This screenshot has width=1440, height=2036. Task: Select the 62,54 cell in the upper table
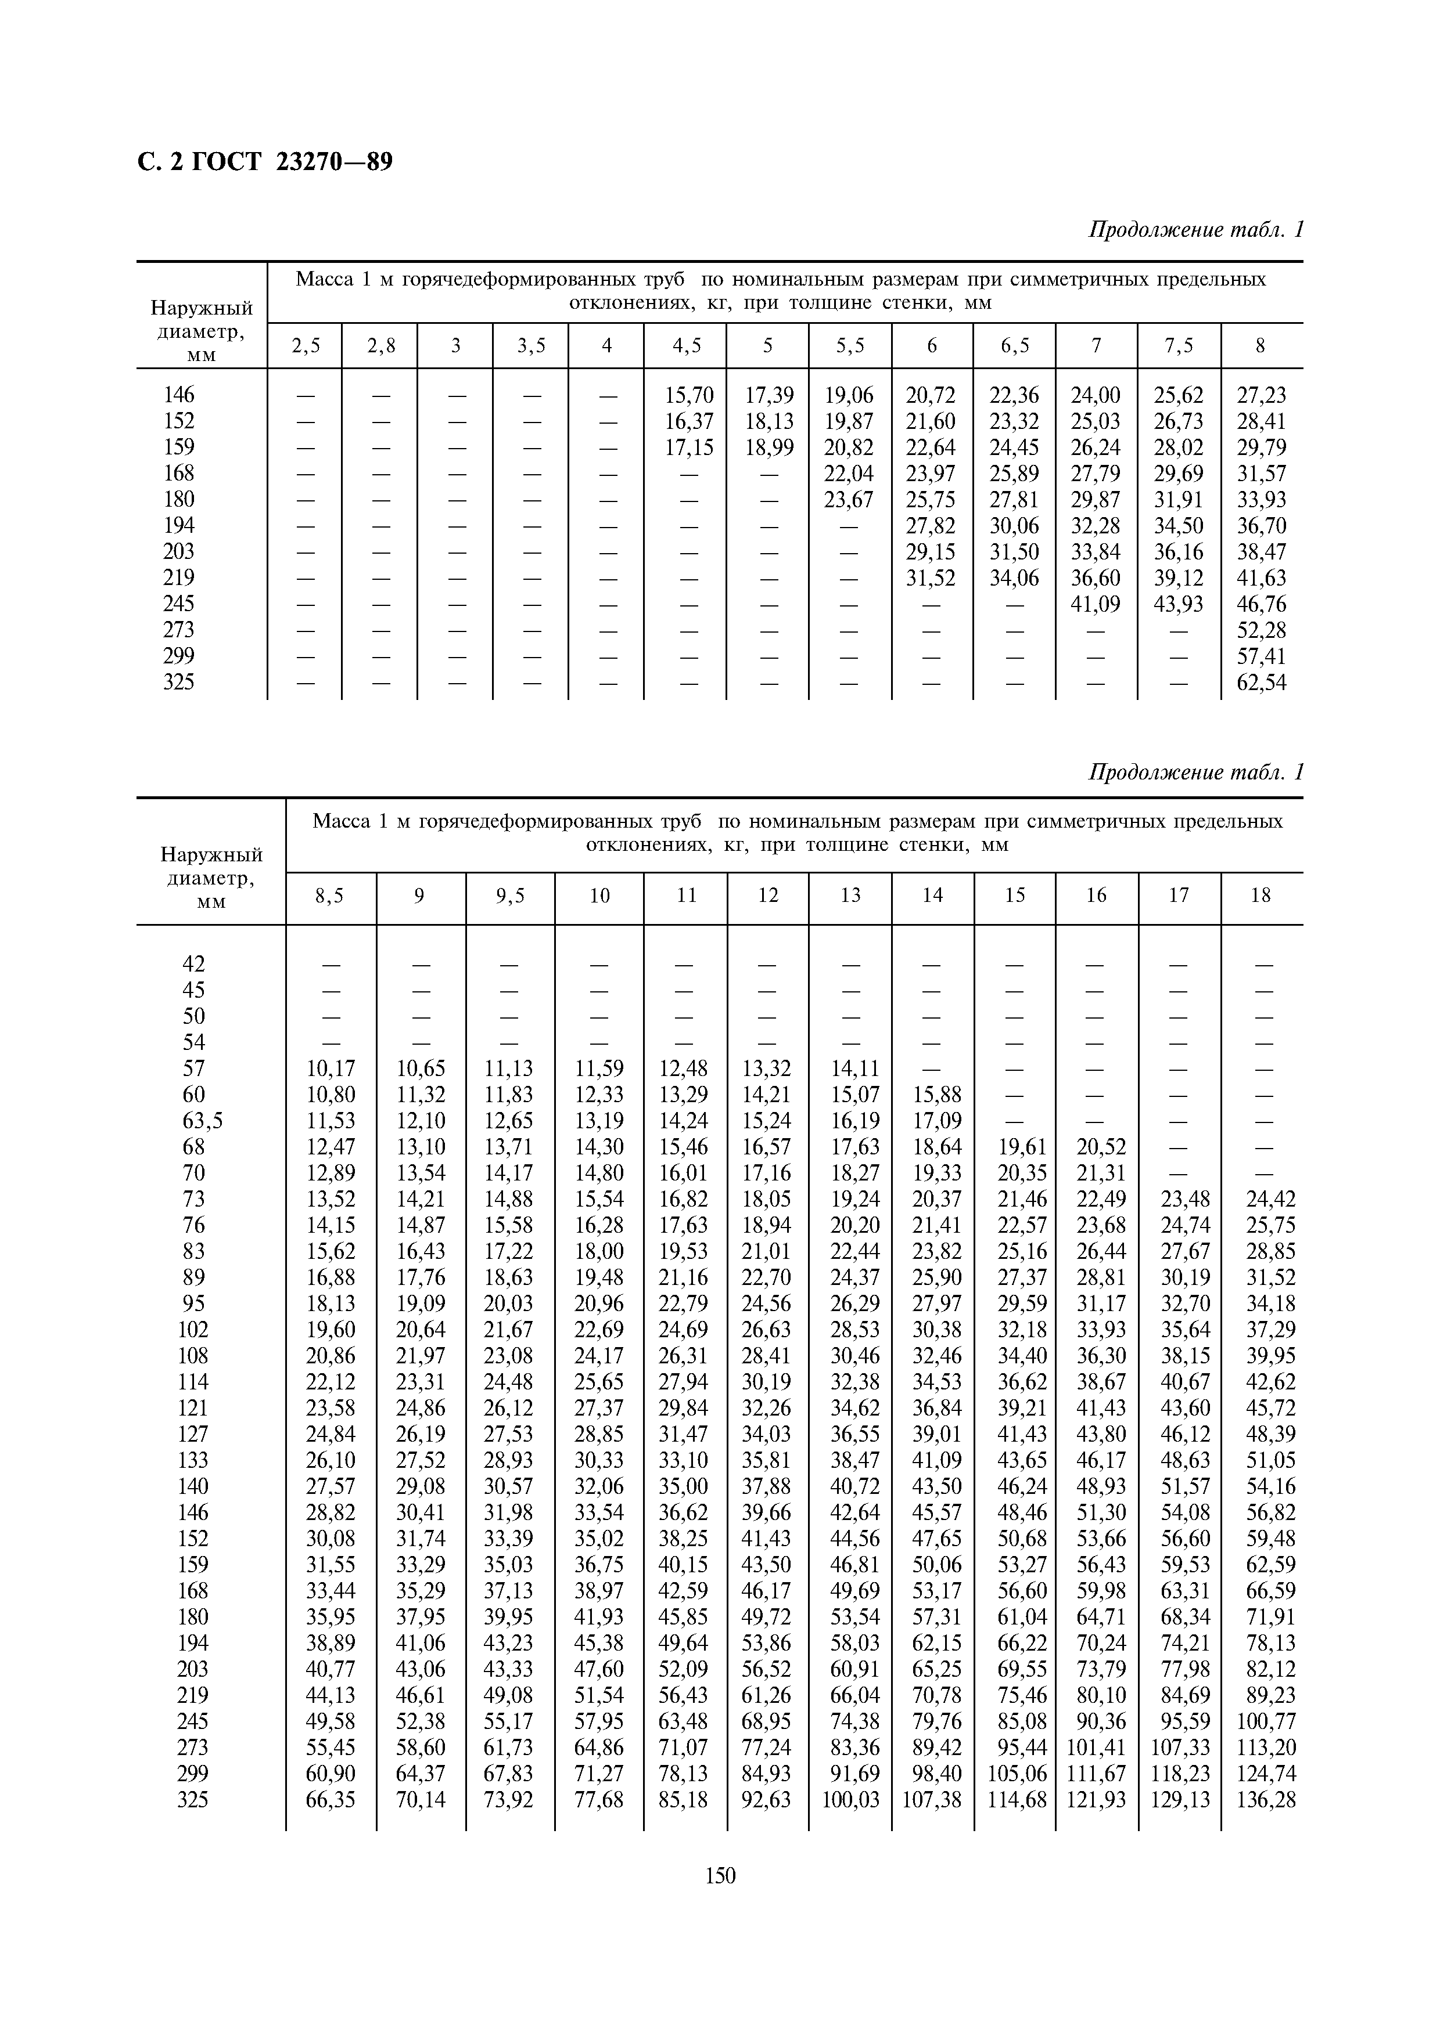tap(1261, 682)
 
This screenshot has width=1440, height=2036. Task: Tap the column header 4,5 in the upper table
tap(686, 346)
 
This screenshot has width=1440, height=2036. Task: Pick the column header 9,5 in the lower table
tap(510, 896)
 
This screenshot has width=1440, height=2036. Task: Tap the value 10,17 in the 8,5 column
tap(330, 1068)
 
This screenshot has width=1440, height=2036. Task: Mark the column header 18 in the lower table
tap(1260, 896)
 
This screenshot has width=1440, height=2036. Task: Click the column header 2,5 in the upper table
tap(305, 346)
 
